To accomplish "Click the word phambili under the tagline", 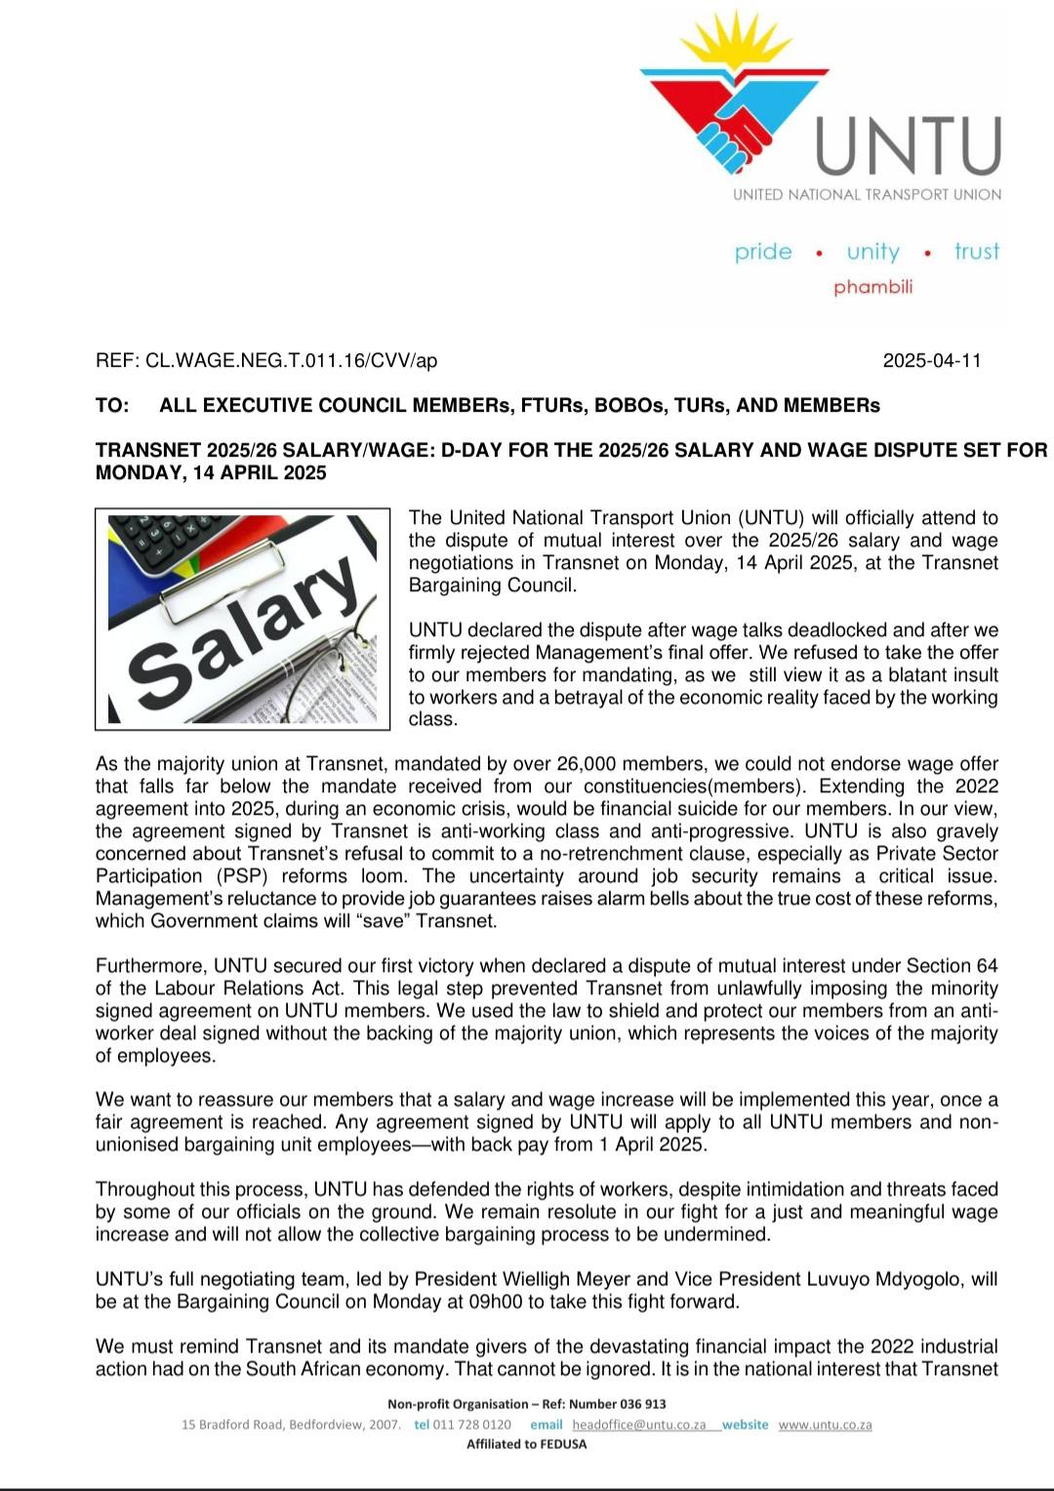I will [x=872, y=287].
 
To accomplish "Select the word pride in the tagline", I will [x=763, y=252].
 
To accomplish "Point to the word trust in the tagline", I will [x=976, y=252].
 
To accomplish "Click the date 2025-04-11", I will [x=932, y=361].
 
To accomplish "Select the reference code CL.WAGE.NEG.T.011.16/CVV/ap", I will [x=291, y=361].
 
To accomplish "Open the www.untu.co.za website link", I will [x=825, y=1425].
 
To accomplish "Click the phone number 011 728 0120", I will [x=472, y=1425].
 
